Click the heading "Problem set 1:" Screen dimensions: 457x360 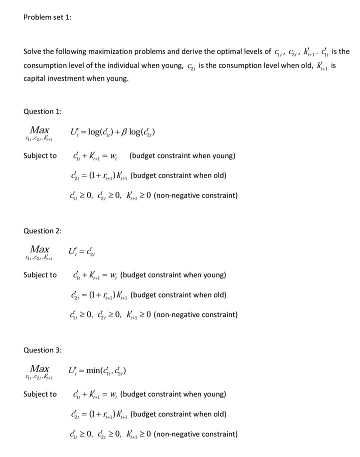47,17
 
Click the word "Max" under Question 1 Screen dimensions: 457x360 39,130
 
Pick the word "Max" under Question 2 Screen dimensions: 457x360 39,249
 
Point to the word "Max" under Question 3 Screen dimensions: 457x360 39,368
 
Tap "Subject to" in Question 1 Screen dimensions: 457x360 40,155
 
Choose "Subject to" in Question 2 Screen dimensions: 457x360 40,275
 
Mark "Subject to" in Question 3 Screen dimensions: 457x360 40,394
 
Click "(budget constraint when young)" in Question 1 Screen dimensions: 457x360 182,155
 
